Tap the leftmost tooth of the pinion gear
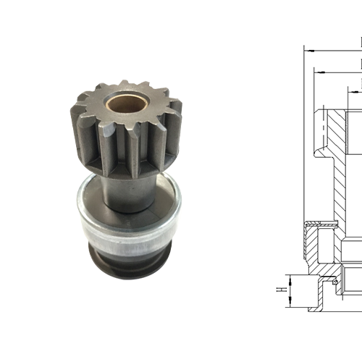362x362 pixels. point(80,119)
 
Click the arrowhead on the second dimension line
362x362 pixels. point(317,72)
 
